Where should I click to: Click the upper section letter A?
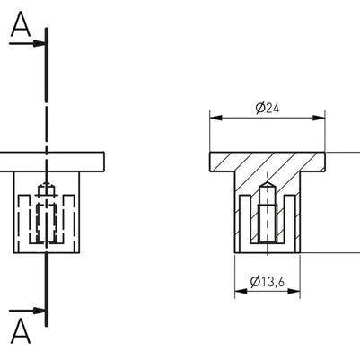point(21,27)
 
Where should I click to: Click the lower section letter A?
point(21,331)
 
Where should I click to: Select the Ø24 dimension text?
point(268,108)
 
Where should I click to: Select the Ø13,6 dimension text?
point(268,282)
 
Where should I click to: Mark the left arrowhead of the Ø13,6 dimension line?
point(240,293)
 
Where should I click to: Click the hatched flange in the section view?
point(267,162)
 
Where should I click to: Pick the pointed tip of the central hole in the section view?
point(267,184)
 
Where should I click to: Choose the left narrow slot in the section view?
point(246,224)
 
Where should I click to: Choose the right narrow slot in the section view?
point(288,224)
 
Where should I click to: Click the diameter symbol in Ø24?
point(259,108)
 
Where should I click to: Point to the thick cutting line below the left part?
point(47,287)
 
